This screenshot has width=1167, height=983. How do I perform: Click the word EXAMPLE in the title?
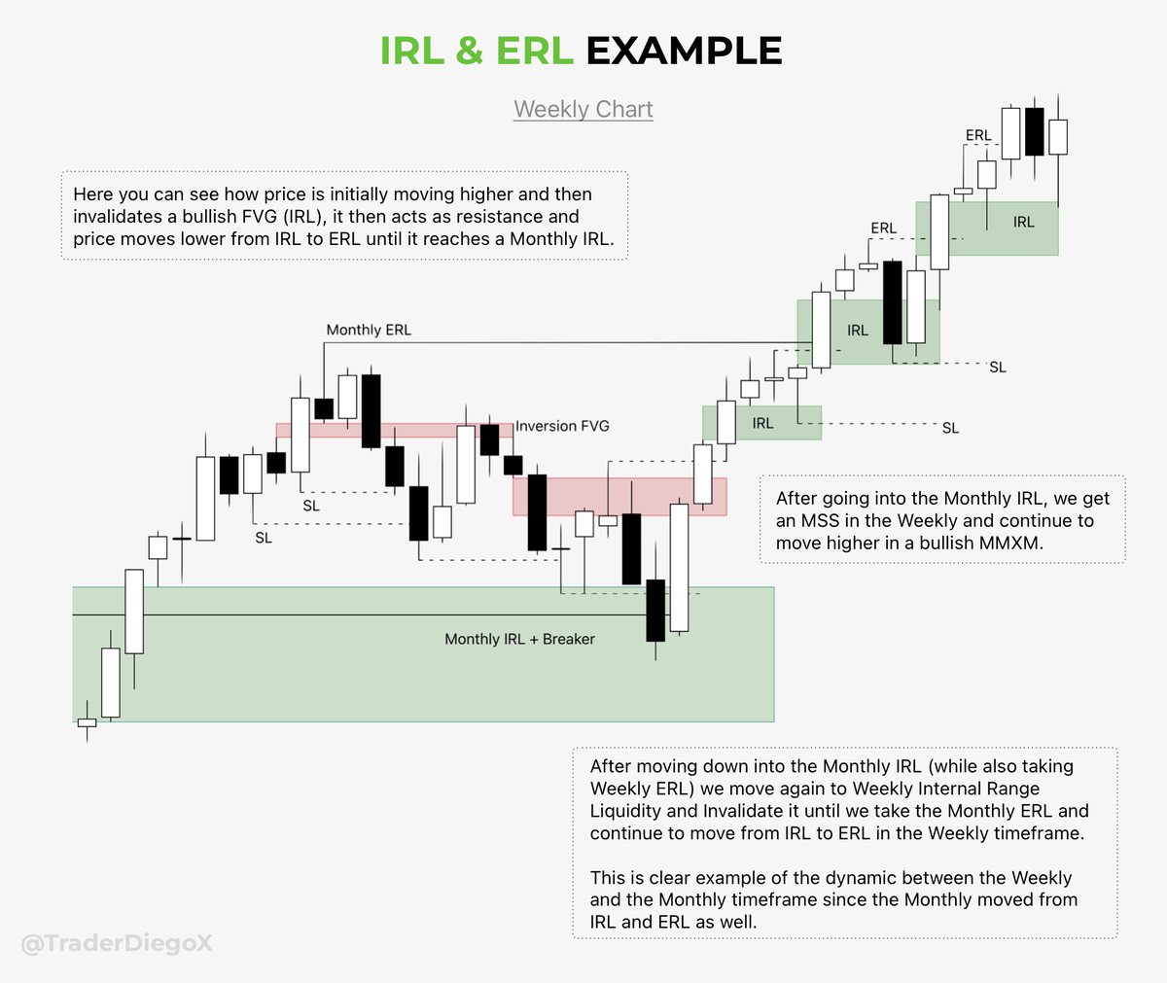(x=684, y=51)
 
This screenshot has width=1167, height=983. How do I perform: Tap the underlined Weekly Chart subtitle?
(x=583, y=109)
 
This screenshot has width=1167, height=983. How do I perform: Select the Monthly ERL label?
(x=369, y=330)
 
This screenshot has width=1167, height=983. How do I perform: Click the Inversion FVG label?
(x=562, y=426)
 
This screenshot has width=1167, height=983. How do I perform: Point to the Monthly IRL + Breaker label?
(x=519, y=639)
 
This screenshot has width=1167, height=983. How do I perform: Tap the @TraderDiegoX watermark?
(x=117, y=943)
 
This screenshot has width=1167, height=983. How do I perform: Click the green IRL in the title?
(x=412, y=51)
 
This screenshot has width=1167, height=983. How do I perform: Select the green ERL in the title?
(x=534, y=51)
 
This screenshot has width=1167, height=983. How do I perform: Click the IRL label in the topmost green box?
(x=1023, y=222)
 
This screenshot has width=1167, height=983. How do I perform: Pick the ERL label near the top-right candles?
(x=978, y=135)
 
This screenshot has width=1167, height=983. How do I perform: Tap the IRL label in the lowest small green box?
(x=762, y=423)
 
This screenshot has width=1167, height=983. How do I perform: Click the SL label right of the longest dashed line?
(x=950, y=428)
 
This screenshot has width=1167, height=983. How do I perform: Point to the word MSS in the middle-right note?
(x=820, y=520)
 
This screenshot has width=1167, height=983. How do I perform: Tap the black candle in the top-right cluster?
(x=1034, y=131)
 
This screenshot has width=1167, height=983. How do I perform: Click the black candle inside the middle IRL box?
(x=892, y=301)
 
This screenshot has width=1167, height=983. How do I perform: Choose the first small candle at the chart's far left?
(x=88, y=722)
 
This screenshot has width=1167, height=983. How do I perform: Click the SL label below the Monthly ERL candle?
(x=311, y=506)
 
